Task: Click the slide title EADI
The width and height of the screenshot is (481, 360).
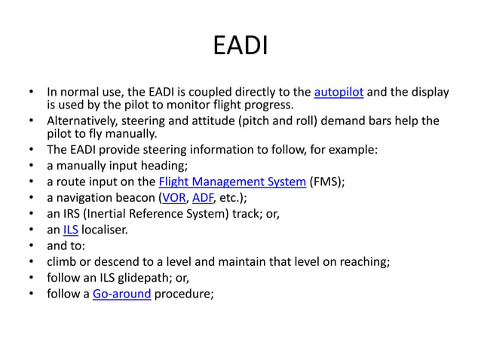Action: pyautogui.click(x=240, y=46)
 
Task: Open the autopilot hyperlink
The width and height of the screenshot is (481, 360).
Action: pyautogui.click(x=339, y=93)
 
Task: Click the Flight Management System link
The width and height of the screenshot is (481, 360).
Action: pyautogui.click(x=232, y=182)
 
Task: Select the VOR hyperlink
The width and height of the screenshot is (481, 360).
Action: pyautogui.click(x=174, y=198)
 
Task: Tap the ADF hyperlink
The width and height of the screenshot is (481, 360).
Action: pyautogui.click(x=203, y=198)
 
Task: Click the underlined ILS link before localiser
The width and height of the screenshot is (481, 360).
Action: pyautogui.click(x=71, y=230)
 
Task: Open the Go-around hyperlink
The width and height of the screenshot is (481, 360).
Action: pyautogui.click(x=121, y=294)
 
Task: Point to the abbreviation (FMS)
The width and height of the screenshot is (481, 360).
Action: pyautogui.click(x=327, y=182)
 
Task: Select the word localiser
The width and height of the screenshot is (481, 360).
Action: pyautogui.click(x=105, y=230)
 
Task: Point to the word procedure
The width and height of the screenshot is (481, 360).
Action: pyautogui.click(x=185, y=294)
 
